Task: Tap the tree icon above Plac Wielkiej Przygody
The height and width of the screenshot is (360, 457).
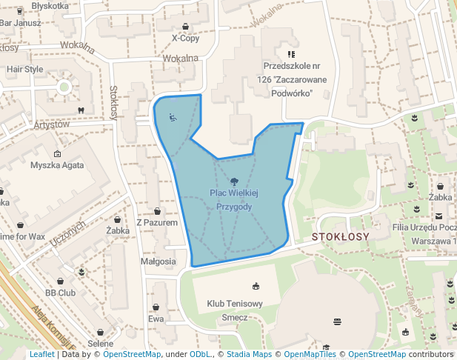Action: (234, 181)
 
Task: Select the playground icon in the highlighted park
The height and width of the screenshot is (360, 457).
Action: (172, 116)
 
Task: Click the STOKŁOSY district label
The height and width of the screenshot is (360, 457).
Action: (341, 237)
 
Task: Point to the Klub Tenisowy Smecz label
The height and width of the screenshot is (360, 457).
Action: (235, 310)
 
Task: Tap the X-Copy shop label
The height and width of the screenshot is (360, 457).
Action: (185, 39)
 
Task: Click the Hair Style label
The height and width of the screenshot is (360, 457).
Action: (24, 70)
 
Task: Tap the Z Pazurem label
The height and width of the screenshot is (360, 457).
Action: (157, 222)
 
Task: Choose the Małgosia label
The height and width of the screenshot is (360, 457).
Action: (158, 261)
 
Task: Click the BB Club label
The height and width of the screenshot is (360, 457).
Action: (61, 293)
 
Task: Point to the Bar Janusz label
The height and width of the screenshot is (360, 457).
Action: (20, 23)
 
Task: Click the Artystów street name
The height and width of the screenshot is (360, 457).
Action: (46, 124)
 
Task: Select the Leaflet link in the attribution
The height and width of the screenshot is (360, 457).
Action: (41, 355)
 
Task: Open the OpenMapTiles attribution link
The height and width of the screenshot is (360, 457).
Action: (310, 355)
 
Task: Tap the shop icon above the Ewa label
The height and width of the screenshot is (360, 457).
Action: (156, 307)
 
